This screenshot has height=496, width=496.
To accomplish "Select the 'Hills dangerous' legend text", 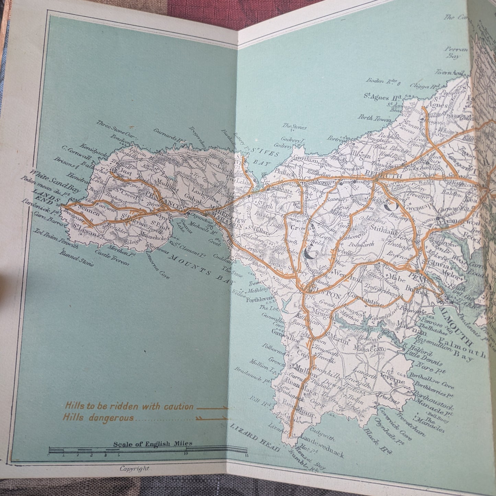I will point(99,418).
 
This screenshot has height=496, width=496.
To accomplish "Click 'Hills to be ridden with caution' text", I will point(129,407).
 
